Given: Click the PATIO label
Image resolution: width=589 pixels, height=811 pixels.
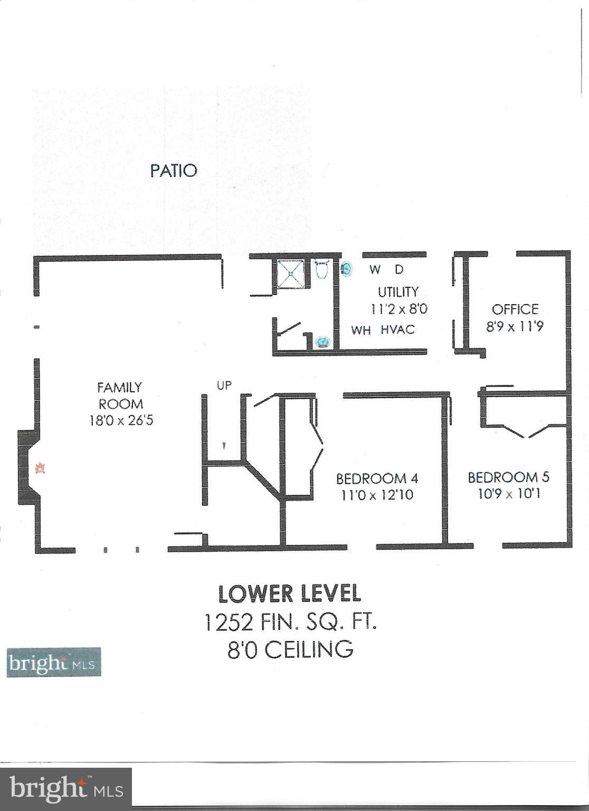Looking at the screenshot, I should [x=174, y=171].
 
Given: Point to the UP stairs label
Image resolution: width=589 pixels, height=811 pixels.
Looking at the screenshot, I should [x=224, y=385].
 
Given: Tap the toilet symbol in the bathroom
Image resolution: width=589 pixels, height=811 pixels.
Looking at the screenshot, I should [x=321, y=270].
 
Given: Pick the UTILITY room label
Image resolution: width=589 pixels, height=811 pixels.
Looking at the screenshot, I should [x=398, y=292].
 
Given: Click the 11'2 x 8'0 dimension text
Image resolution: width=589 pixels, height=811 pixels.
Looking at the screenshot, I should [x=398, y=309].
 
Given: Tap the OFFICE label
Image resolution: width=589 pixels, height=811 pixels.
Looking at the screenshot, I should [x=515, y=309].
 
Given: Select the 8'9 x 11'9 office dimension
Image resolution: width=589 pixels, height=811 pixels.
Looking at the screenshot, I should [x=515, y=326].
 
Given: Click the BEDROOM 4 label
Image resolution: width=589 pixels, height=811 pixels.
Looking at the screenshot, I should [x=377, y=478].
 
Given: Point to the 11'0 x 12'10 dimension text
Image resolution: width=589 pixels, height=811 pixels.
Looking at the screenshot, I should [x=377, y=495].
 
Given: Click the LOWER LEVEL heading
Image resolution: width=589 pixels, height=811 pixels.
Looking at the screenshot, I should [x=290, y=594].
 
